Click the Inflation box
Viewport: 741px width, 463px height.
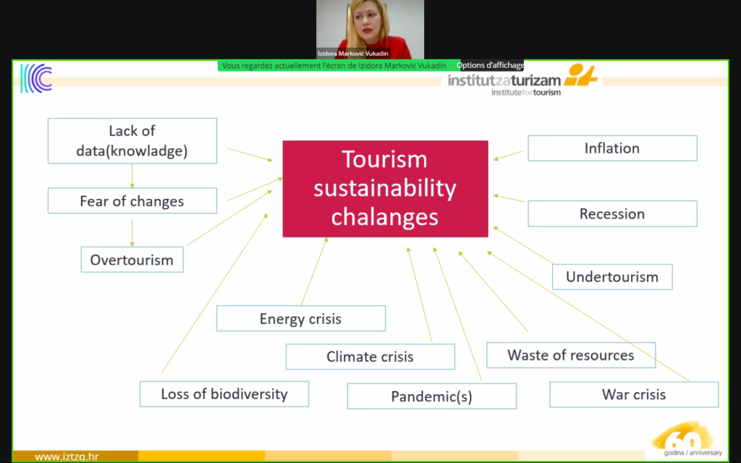click(612, 148)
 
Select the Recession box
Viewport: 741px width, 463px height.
click(612, 213)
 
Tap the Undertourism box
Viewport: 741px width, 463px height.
click(612, 277)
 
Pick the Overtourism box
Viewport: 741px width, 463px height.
click(132, 260)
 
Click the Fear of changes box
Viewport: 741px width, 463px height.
click(132, 201)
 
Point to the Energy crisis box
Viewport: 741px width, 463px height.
click(300, 318)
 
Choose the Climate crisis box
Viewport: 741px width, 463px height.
click(370, 357)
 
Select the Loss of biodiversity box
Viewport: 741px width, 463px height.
click(224, 394)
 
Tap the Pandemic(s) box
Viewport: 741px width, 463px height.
click(431, 396)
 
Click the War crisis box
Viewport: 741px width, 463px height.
click(634, 394)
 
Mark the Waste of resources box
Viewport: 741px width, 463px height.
click(571, 355)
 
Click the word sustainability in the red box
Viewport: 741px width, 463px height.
click(385, 189)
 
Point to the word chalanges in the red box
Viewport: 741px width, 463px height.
click(385, 217)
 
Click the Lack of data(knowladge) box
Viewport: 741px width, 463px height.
click(132, 141)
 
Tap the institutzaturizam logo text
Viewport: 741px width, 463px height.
click(504, 81)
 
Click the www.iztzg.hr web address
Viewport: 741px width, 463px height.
click(67, 457)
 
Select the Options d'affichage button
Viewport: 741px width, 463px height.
click(490, 65)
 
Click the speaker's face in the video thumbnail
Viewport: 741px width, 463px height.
click(368, 25)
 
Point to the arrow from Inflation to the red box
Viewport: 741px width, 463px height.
click(509, 156)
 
